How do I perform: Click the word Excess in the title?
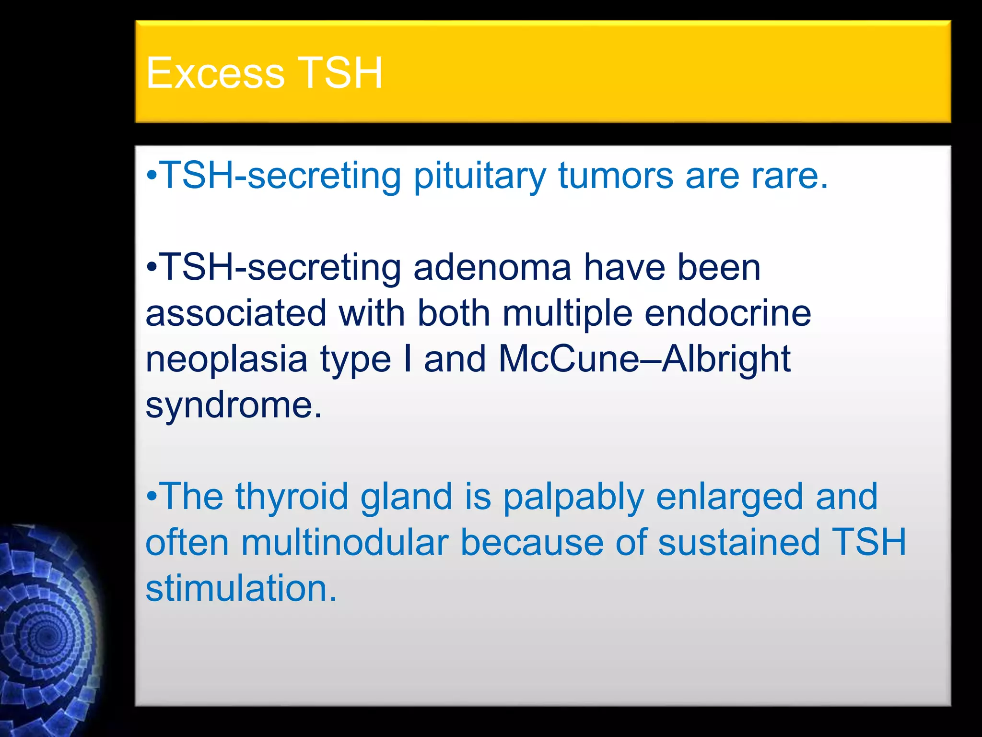coord(215,73)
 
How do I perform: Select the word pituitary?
coord(479,176)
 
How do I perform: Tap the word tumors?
coord(616,176)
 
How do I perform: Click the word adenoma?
coord(492,268)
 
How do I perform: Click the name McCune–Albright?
coord(644,359)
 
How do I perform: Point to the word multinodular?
coord(345,543)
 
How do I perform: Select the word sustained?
coord(739,543)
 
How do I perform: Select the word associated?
coord(236,314)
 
